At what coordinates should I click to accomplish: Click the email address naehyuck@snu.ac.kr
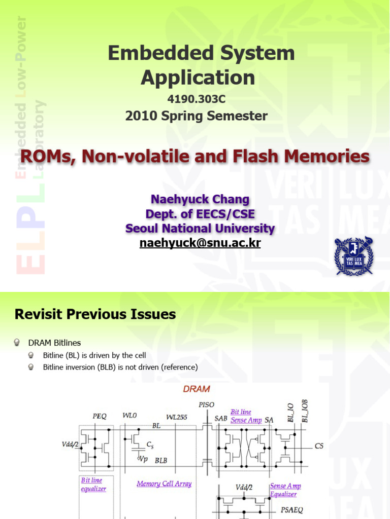(200, 243)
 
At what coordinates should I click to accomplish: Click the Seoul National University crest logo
(353, 256)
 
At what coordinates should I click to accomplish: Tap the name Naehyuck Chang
(200, 199)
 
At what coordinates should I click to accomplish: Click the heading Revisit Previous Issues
(95, 314)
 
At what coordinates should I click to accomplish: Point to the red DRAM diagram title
(197, 389)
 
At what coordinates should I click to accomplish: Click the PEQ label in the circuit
(100, 416)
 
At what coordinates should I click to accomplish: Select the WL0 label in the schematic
(130, 416)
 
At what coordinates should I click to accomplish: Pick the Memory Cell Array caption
(164, 484)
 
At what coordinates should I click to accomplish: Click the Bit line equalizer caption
(92, 485)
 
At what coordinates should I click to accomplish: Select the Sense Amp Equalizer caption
(285, 490)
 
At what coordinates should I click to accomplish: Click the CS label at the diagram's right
(319, 446)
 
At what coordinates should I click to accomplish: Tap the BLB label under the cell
(161, 460)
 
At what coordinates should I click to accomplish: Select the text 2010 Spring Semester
(197, 116)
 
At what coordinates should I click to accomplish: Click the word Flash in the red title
(258, 157)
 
